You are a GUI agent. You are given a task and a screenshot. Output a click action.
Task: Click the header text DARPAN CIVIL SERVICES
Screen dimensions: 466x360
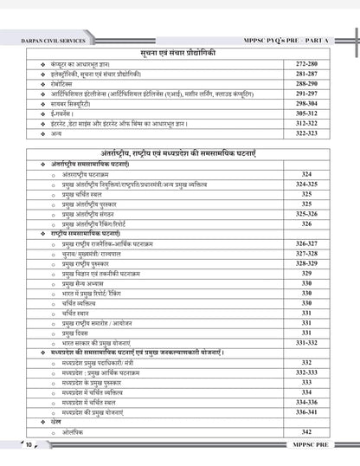(x=54, y=39)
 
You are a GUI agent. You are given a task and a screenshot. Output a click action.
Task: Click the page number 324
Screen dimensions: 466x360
(x=307, y=174)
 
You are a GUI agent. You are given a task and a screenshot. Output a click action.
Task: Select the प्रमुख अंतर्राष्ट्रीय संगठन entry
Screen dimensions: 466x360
(x=95, y=213)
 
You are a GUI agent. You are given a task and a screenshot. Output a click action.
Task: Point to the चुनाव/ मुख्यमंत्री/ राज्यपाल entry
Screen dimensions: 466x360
(x=99, y=254)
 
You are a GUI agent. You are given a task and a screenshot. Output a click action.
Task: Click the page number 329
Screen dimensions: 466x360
(x=307, y=274)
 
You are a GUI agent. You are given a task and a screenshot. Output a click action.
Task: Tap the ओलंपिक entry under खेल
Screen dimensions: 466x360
(x=73, y=431)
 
